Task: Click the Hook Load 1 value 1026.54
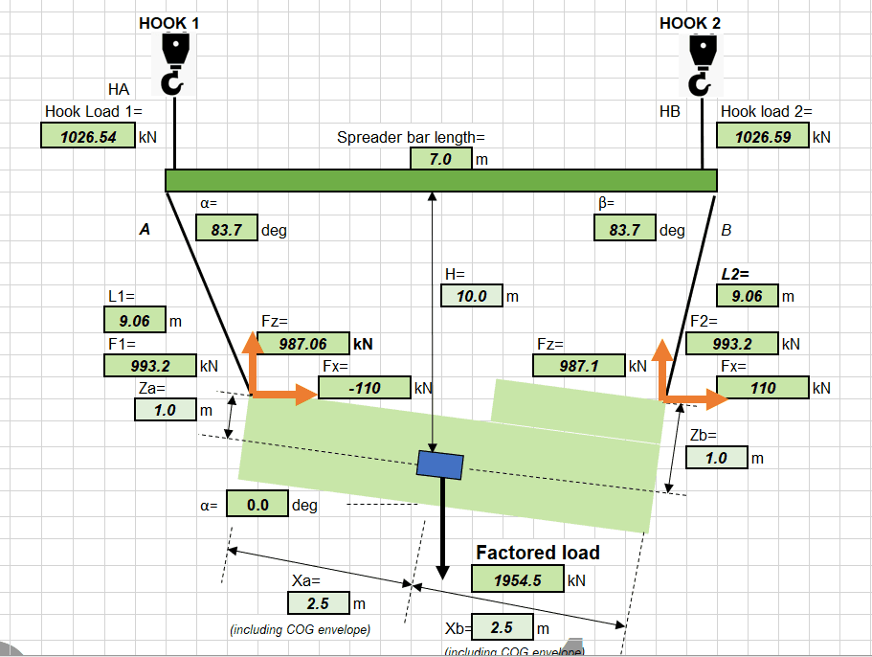pos(88,136)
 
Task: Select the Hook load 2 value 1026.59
pos(763,136)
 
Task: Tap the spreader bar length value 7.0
pos(440,159)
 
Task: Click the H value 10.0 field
pos(472,296)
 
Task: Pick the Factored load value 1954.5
pos(517,579)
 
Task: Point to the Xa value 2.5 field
pos(318,603)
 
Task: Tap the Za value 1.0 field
pos(165,410)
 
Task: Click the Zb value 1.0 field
pos(716,458)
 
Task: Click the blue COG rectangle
pos(440,464)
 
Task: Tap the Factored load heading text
pos(538,553)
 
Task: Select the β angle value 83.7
pos(625,229)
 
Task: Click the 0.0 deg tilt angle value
pos(257,505)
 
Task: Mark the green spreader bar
pos(440,180)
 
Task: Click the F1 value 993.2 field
pos(148,365)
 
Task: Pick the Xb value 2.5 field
pos(503,628)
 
